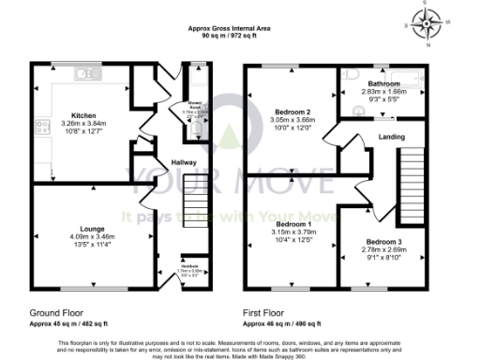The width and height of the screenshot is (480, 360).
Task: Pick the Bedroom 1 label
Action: click(291, 226)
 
